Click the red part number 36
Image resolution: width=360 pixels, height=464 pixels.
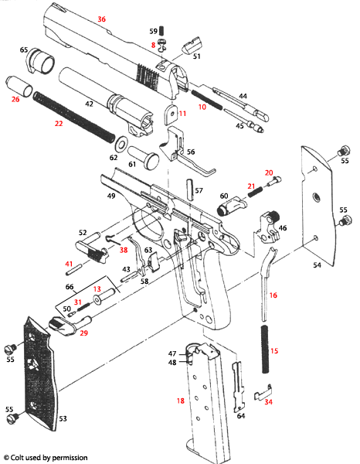(101, 18)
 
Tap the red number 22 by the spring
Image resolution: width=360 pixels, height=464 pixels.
(58, 124)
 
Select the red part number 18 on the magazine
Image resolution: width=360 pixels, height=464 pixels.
(180, 401)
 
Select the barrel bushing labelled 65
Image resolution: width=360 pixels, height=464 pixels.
(41, 60)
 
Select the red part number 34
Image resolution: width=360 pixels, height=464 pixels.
(268, 402)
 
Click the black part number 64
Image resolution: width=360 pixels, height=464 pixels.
(240, 416)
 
